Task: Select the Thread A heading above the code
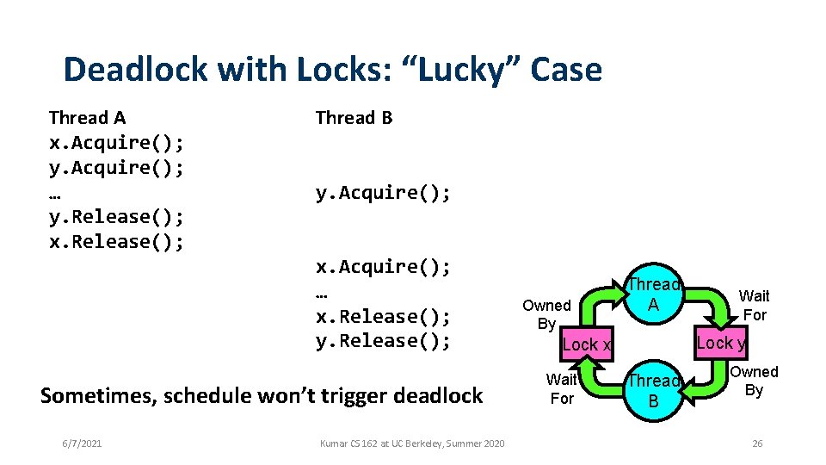[x=88, y=117]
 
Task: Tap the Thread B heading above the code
[x=354, y=117]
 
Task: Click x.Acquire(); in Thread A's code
[x=116, y=142]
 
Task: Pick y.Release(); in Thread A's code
[x=116, y=216]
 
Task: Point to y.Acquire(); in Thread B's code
[x=383, y=192]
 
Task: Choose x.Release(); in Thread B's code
[x=383, y=316]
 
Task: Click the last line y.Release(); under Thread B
[x=383, y=341]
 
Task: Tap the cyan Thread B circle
[x=653, y=390]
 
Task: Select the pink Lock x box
[x=587, y=344]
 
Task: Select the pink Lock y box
[x=721, y=343]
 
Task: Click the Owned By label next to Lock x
[x=546, y=314]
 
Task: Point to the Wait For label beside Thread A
[x=754, y=306]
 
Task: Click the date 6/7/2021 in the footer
[x=82, y=443]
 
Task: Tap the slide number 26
[x=757, y=443]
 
